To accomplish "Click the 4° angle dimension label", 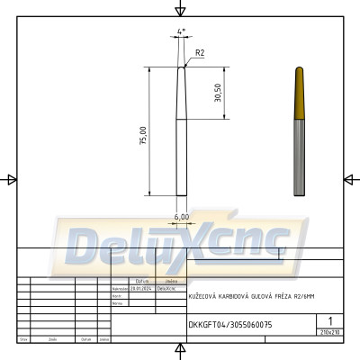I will tap(182, 31).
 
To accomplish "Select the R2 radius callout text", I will tap(200, 54).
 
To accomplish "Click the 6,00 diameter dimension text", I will tap(181, 216).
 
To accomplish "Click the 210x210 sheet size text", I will tap(330, 332).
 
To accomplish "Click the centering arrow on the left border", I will tap(11, 179).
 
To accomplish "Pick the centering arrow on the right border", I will tap(349, 179).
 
